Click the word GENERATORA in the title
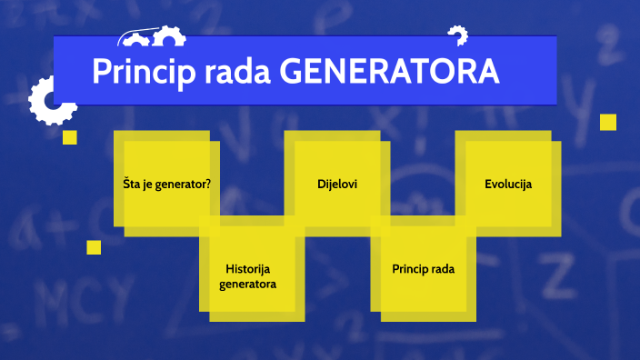click(x=389, y=71)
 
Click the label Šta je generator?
click(x=167, y=184)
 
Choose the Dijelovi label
click(x=337, y=184)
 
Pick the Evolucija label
click(x=508, y=184)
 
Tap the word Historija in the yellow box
click(x=248, y=269)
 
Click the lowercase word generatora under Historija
click(x=248, y=284)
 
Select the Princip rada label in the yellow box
click(x=423, y=269)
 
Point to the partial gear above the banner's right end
click(x=457, y=35)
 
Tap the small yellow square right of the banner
click(x=608, y=122)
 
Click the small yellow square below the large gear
click(x=69, y=137)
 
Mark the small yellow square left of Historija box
click(x=94, y=247)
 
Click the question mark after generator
click(x=208, y=184)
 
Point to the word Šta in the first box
click(x=132, y=184)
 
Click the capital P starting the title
click(x=100, y=71)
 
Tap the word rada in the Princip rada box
click(x=441, y=269)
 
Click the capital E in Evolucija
click(x=488, y=184)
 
